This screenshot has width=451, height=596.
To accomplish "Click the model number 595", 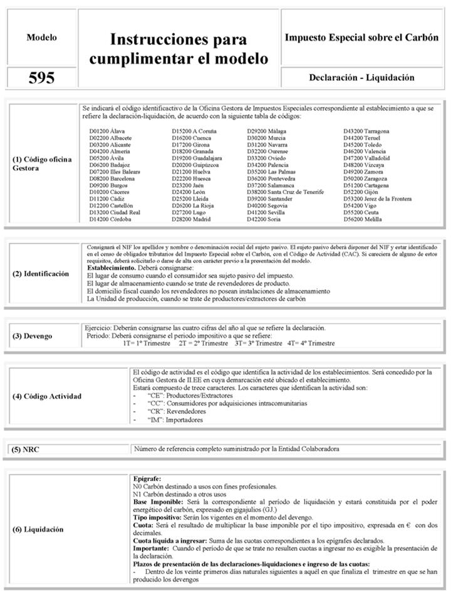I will click(41, 78).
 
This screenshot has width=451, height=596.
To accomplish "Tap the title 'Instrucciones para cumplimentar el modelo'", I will click(179, 49).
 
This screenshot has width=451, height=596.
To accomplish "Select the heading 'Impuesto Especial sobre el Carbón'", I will click(361, 38).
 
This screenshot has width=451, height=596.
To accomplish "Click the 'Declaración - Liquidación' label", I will click(361, 78).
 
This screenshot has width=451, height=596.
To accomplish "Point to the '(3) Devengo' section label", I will click(33, 336).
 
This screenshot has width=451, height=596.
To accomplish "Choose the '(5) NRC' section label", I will click(27, 449).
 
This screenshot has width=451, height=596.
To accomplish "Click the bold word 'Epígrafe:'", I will click(148, 478).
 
